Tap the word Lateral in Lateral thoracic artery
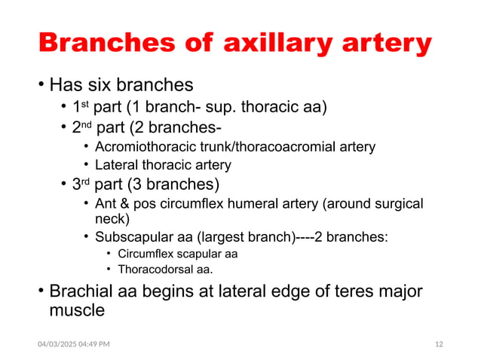(115, 165)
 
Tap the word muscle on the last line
(77, 310)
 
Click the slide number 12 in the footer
(440, 344)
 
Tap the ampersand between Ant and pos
(124, 204)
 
